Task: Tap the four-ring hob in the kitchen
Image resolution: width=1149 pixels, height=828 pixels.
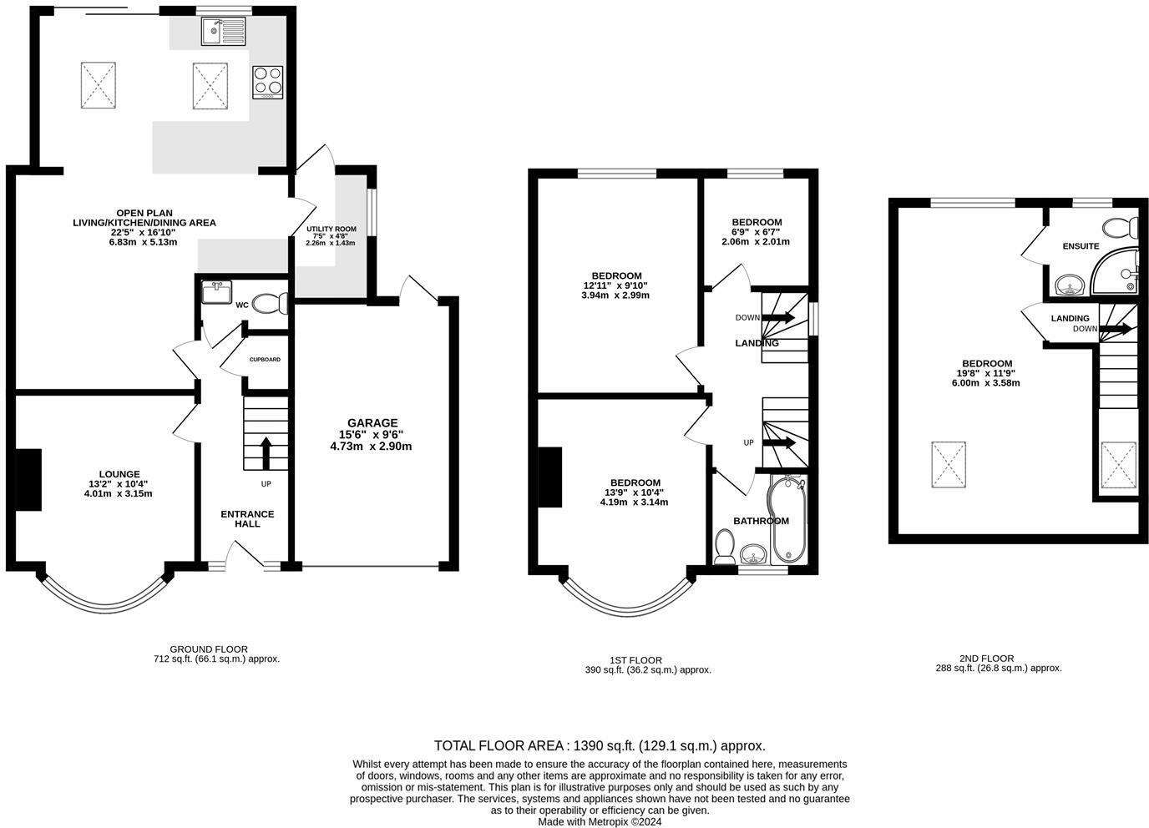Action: (x=267, y=83)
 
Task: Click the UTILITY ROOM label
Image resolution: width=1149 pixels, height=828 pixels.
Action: (x=331, y=229)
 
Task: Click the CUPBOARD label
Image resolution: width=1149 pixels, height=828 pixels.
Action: (x=265, y=360)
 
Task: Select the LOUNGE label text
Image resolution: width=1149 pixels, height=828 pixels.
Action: (x=120, y=474)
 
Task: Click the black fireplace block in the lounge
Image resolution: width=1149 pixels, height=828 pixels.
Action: (x=29, y=478)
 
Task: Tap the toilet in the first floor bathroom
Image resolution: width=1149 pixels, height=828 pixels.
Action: (x=725, y=548)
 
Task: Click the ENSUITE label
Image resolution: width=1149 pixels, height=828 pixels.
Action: (x=1081, y=246)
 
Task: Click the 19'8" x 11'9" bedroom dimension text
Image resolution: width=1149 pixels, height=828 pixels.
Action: (x=986, y=373)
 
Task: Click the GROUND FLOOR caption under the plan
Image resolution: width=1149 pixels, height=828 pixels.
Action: (x=209, y=649)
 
